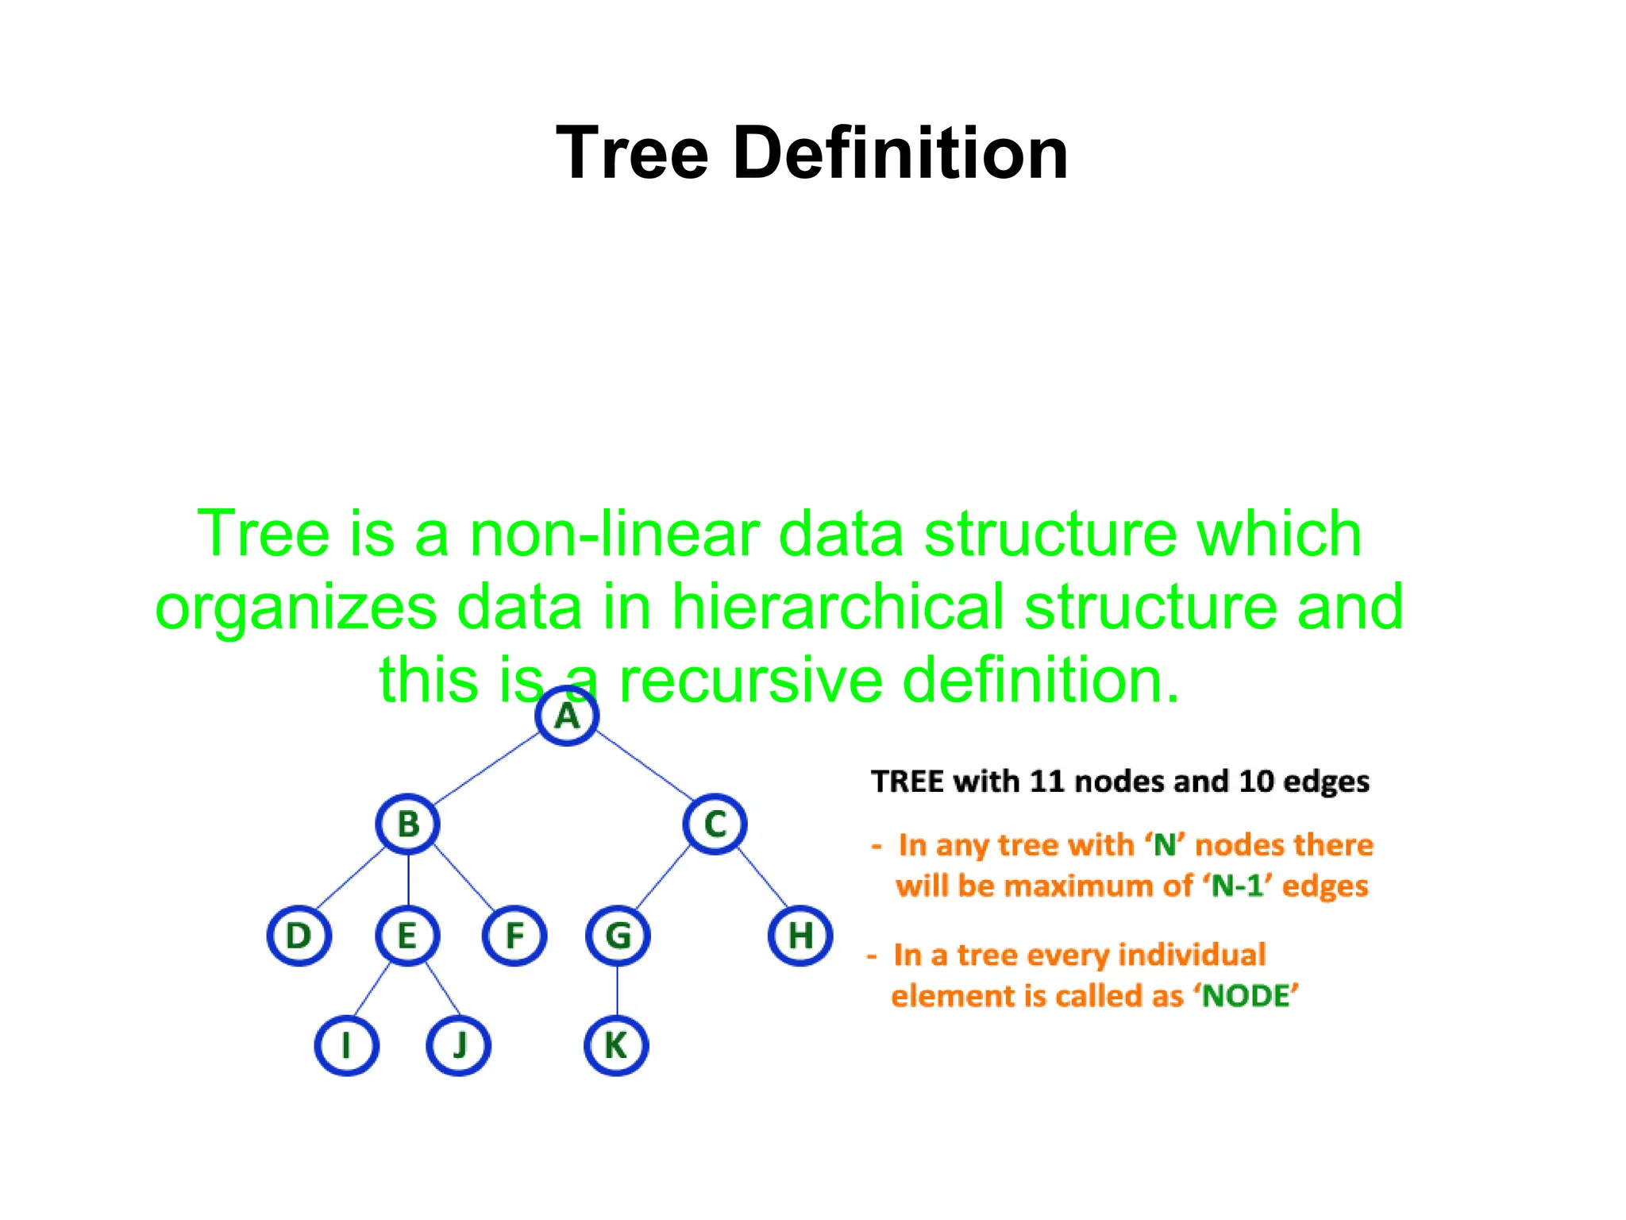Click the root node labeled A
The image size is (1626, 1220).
pos(566,716)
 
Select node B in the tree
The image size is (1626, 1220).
pos(408,824)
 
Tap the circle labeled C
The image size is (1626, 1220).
pos(715,824)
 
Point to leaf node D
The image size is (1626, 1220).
pos(299,935)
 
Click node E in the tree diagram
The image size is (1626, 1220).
pos(407,935)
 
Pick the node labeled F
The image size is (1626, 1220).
pos(514,935)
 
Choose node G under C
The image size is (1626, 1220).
pos(618,935)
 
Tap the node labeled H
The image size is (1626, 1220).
pos(800,935)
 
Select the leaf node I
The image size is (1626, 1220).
pos(346,1044)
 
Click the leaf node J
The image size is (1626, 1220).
pos(458,1044)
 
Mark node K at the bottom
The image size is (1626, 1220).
pos(616,1044)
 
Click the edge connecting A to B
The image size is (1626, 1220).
pos(486,768)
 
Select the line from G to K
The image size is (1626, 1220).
pos(618,990)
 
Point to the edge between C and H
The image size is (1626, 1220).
pos(762,878)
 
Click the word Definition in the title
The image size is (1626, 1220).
pos(900,153)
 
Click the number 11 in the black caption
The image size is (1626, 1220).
pos(1046,782)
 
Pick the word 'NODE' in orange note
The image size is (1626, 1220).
pos(1248,996)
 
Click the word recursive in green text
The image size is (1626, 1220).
pos(750,680)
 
